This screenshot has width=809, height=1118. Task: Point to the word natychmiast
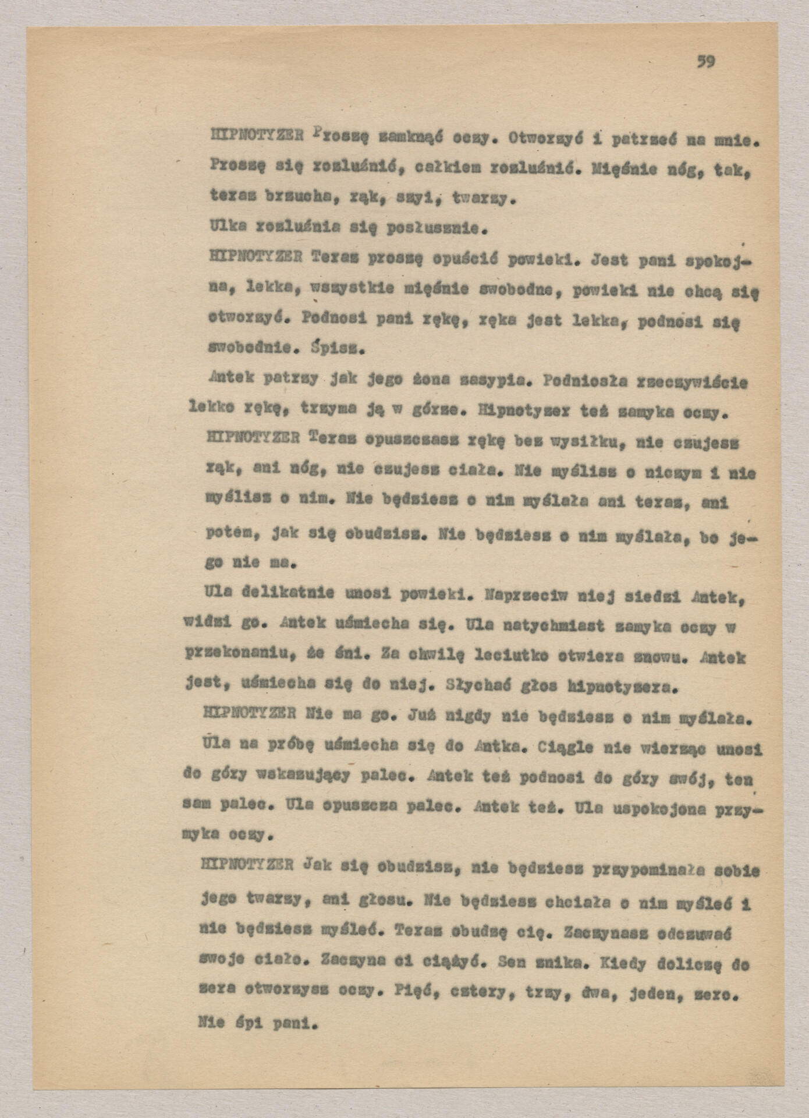tap(535, 626)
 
